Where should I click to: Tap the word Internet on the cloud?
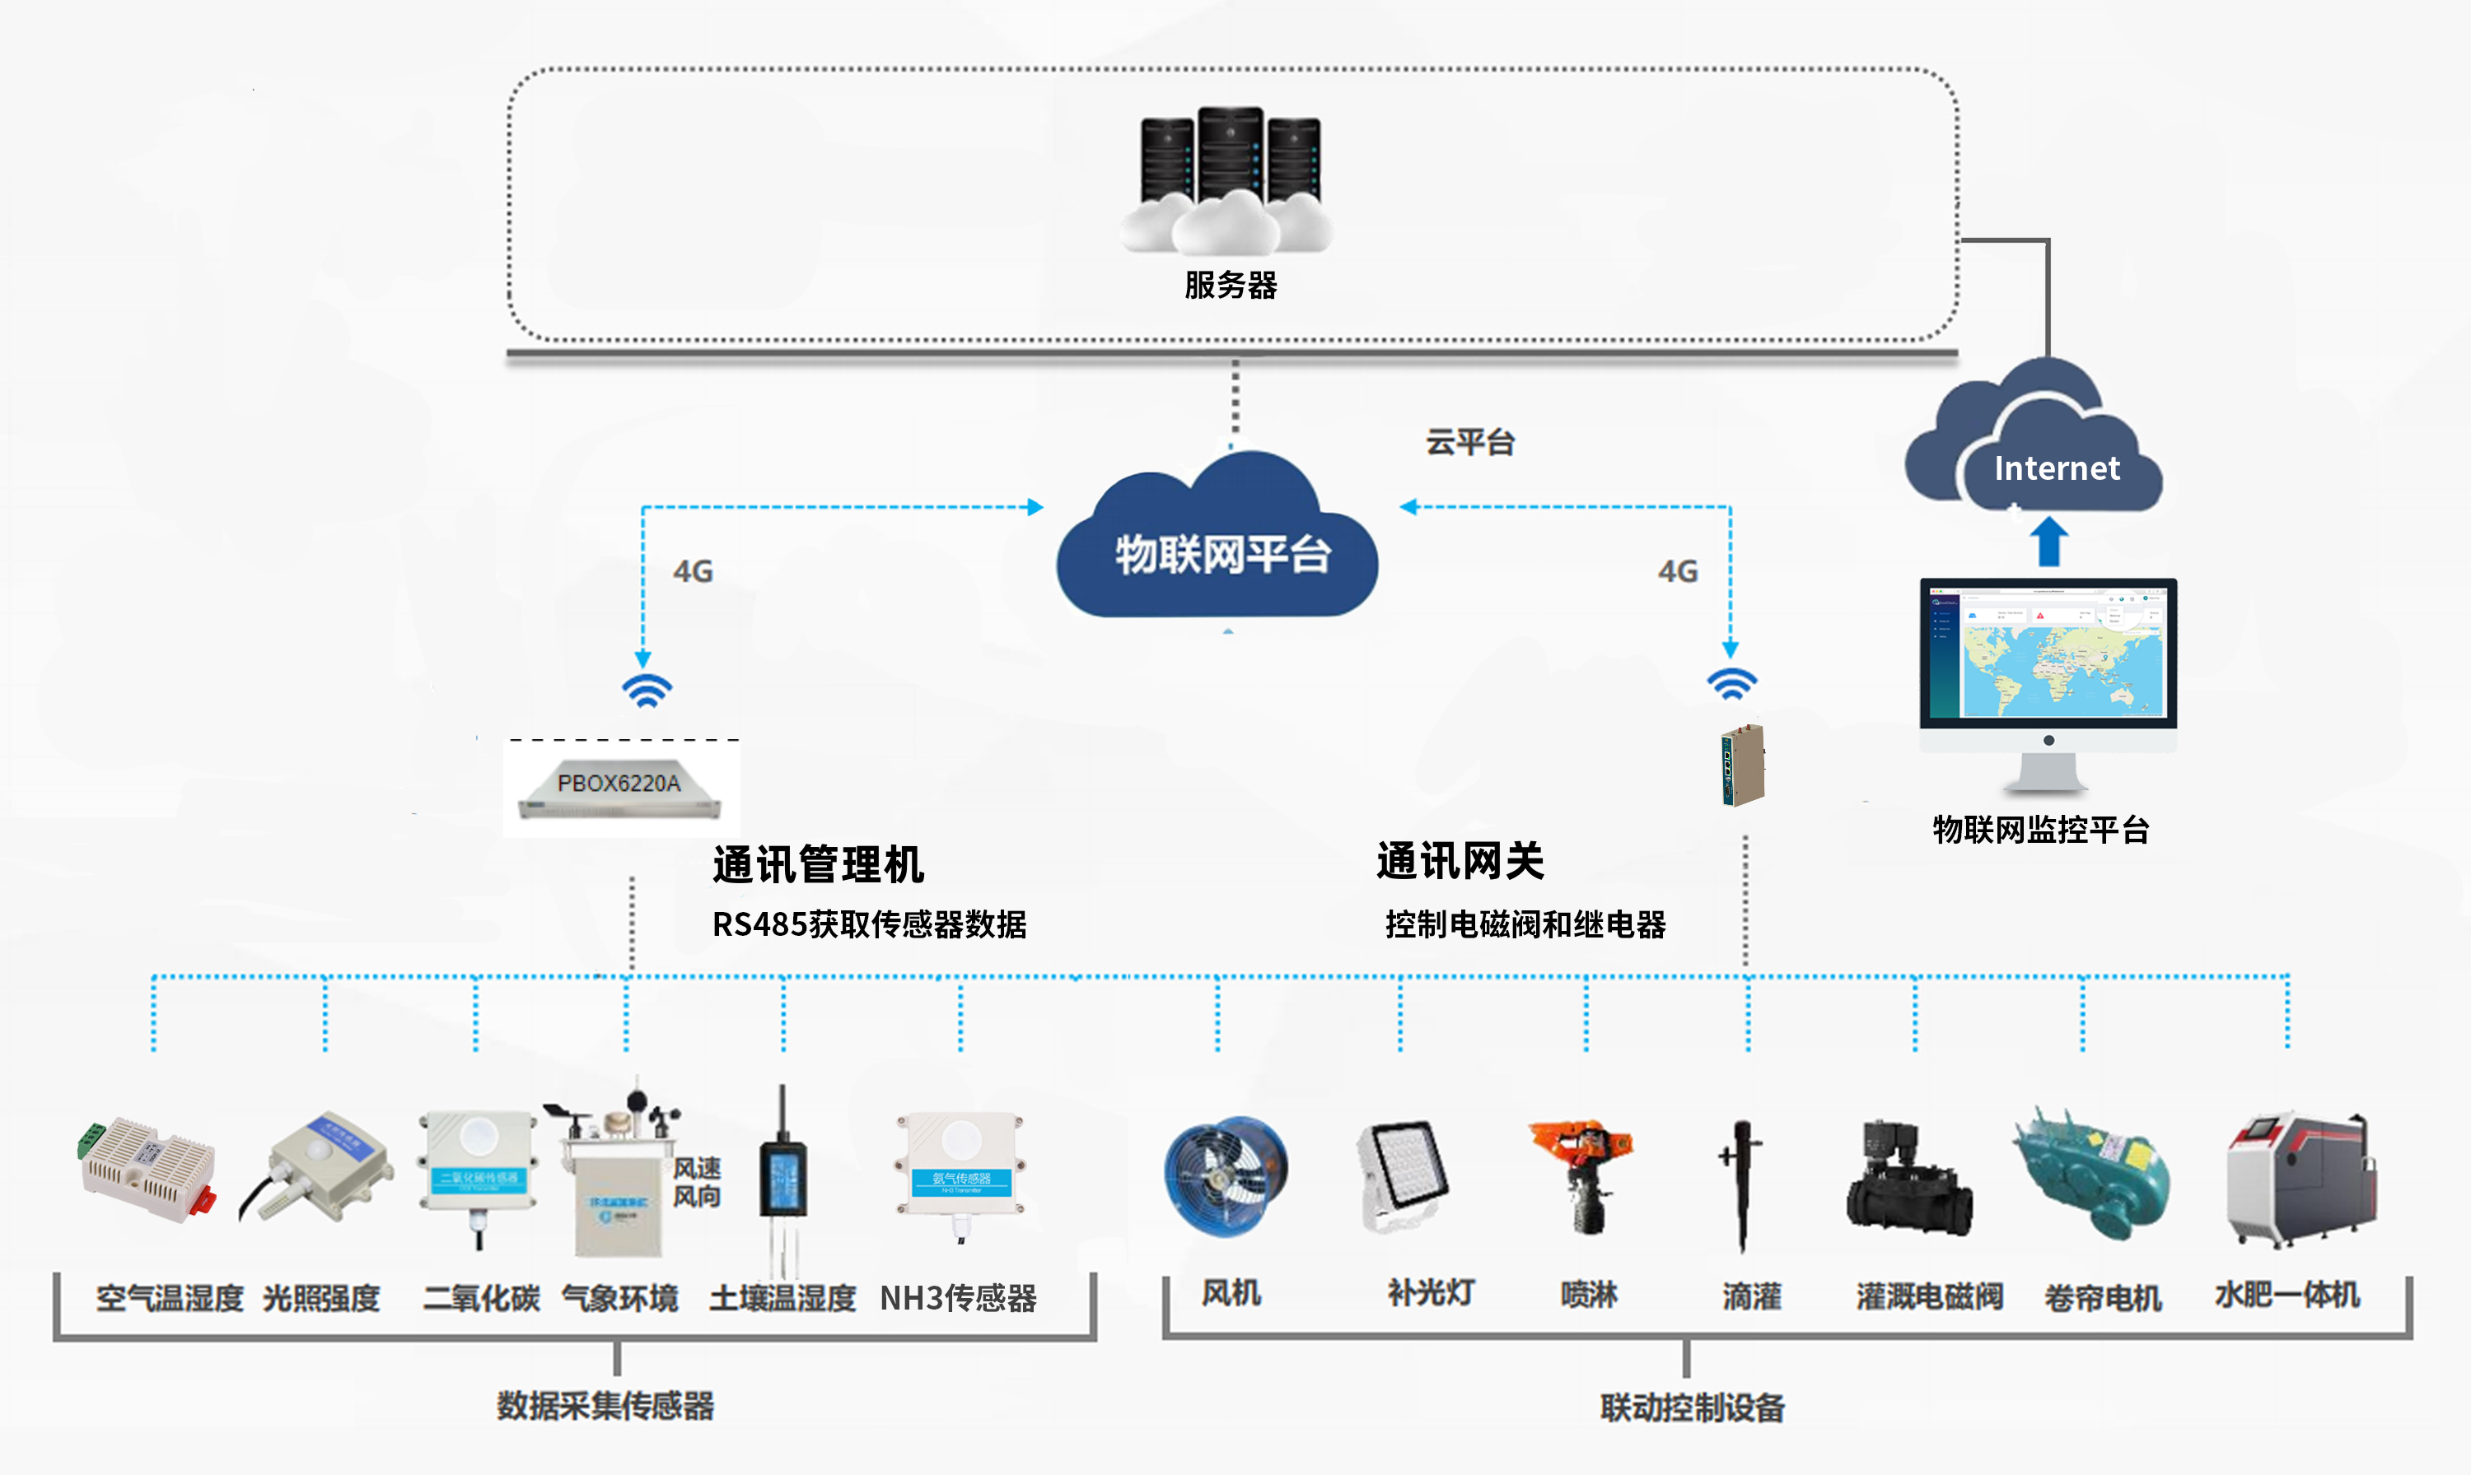coord(2057,468)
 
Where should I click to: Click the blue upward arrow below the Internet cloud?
coord(2048,542)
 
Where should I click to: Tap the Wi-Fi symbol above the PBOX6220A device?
coord(647,689)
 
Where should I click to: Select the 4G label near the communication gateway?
coord(1678,571)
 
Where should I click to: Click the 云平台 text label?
coord(1469,442)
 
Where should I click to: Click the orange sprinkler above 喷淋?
coord(1583,1173)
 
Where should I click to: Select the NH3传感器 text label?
coord(958,1298)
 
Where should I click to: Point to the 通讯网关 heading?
coord(1460,861)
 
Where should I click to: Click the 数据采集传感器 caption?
coord(605,1405)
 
